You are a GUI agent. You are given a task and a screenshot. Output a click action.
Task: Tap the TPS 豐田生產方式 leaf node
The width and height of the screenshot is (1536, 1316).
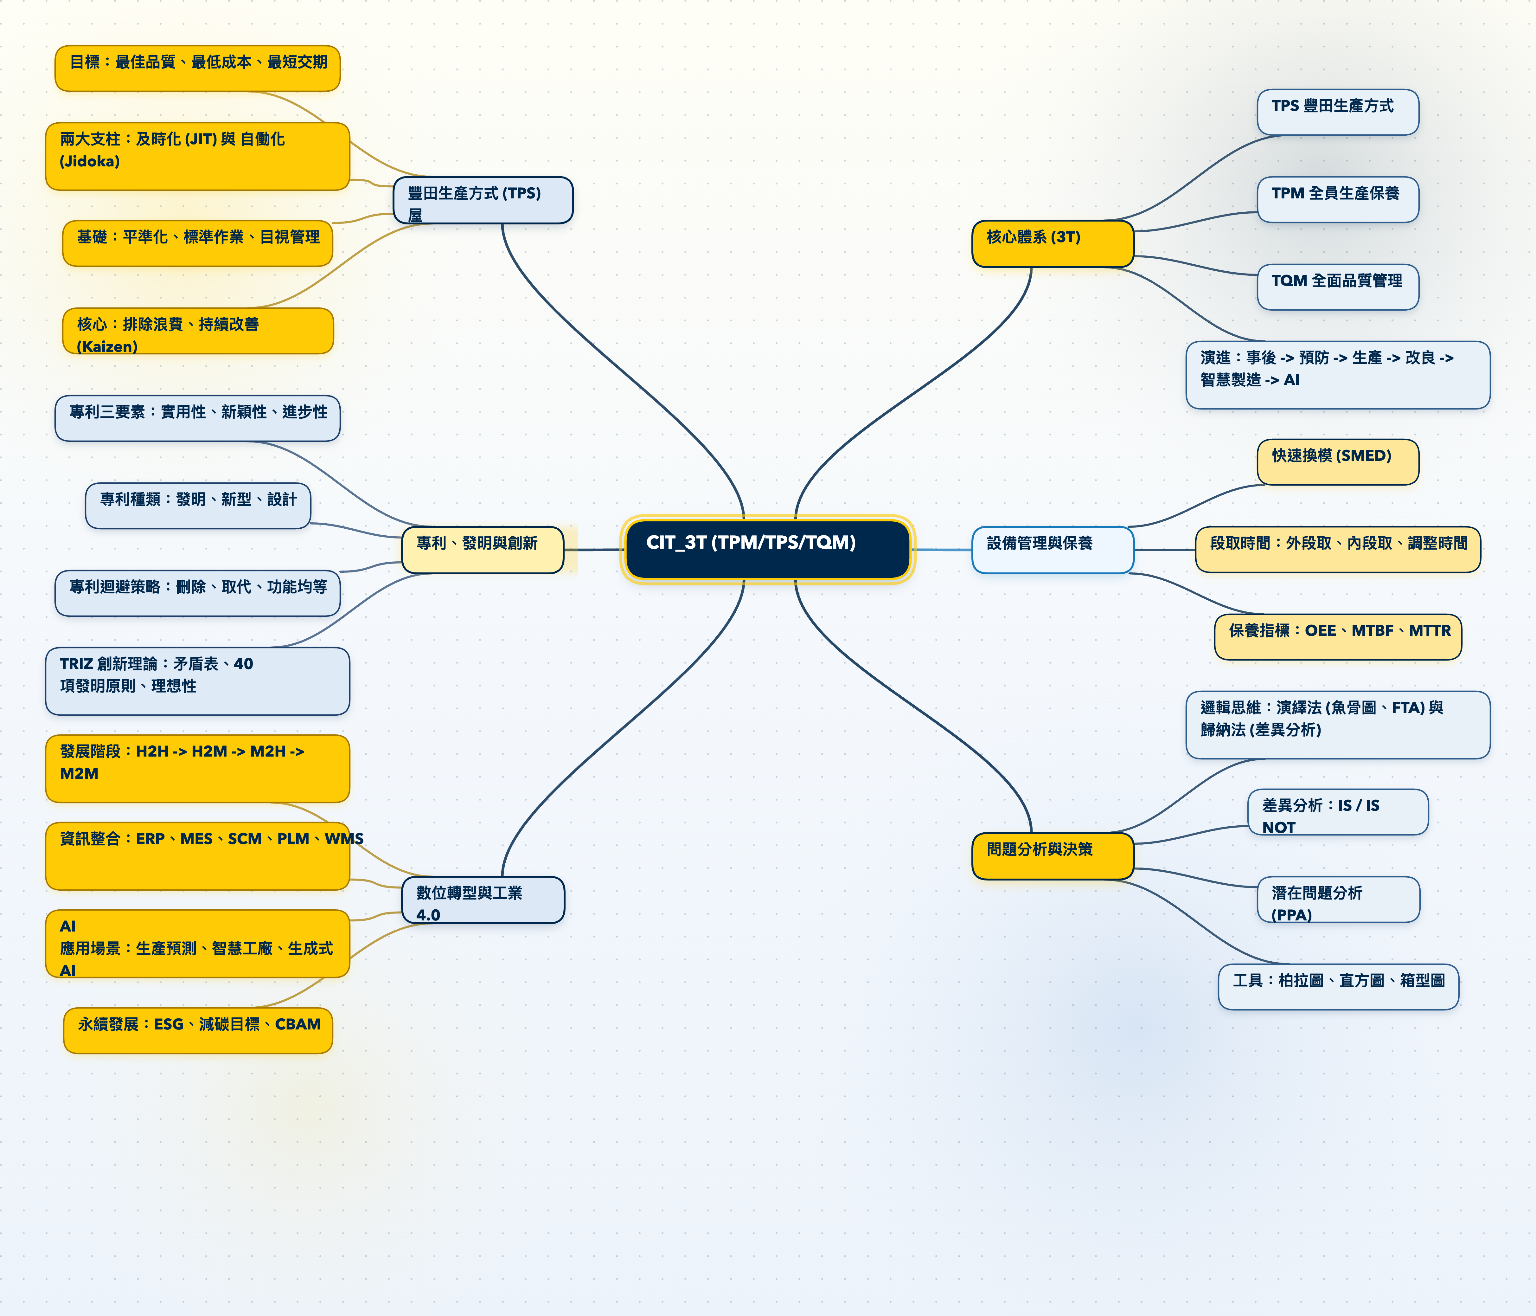tap(1337, 112)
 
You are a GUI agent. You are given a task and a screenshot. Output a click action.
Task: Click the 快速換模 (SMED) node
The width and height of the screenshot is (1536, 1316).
tap(1337, 461)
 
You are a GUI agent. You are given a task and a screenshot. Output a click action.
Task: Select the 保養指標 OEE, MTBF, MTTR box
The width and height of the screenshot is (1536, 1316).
tap(1337, 636)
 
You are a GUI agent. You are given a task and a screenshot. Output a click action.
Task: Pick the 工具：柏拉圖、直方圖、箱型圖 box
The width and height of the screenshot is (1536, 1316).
tap(1337, 986)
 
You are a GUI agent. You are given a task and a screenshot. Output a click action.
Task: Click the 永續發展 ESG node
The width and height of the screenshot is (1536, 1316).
tap(198, 1030)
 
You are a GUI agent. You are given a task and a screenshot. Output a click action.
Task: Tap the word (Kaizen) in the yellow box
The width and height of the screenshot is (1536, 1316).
tap(107, 346)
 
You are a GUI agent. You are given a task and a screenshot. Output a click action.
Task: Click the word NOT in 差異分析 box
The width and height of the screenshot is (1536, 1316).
tap(1279, 827)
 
